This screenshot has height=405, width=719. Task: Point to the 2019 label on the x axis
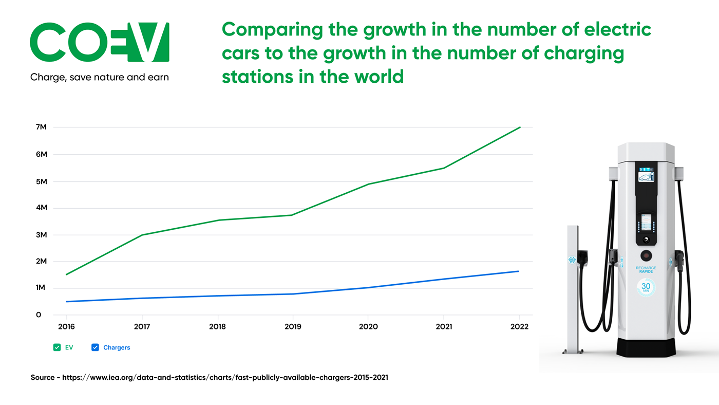click(293, 327)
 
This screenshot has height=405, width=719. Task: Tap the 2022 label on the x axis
click(519, 327)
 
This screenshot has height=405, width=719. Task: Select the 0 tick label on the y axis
click(39, 315)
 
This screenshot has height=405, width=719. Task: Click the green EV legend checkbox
click(57, 347)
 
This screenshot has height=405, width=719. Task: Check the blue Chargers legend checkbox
click(95, 347)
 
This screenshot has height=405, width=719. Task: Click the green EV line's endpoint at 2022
click(520, 127)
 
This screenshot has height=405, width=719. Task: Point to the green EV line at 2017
click(142, 235)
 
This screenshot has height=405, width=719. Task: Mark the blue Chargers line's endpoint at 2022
click(518, 271)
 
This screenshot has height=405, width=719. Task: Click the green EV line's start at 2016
click(67, 274)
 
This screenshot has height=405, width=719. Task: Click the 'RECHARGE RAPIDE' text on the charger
click(646, 270)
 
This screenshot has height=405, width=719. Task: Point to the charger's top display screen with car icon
click(646, 177)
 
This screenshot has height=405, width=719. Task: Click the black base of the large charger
click(646, 347)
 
